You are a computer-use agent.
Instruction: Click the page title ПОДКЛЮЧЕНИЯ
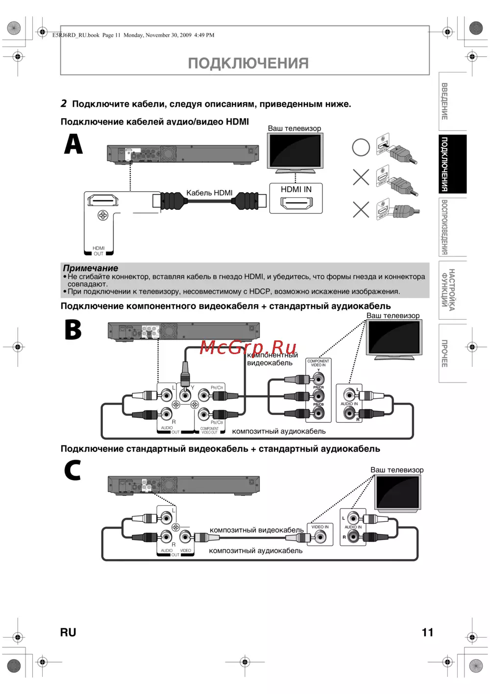[x=248, y=63]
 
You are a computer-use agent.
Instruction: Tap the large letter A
[x=73, y=144]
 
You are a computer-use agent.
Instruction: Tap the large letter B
[x=73, y=330]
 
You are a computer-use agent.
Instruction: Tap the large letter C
[x=73, y=470]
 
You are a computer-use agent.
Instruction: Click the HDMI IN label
[x=296, y=189]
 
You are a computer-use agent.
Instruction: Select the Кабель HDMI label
[x=209, y=193]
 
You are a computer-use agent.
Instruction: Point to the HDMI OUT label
[x=98, y=251]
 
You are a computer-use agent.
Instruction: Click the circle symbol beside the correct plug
[x=361, y=147]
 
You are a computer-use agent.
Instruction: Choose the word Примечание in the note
[x=91, y=268]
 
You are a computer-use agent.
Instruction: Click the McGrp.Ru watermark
[x=248, y=347]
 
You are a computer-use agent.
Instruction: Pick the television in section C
[x=397, y=493]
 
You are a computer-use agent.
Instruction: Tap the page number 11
[x=427, y=632]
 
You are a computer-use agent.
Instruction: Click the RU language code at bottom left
[x=68, y=632]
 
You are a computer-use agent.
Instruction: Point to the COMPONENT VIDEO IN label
[x=318, y=363]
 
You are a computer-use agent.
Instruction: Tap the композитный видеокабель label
[x=257, y=530]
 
